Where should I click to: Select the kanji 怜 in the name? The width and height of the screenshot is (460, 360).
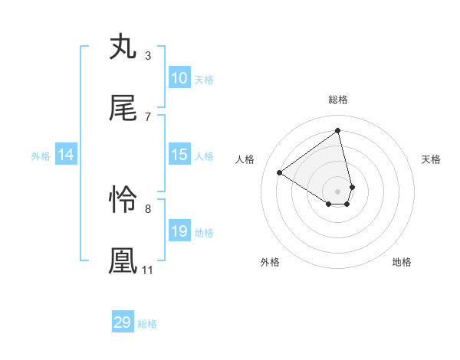click(x=123, y=200)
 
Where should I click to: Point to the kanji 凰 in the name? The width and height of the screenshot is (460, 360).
click(x=123, y=260)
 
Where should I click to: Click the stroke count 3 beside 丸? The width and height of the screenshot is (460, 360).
click(x=148, y=55)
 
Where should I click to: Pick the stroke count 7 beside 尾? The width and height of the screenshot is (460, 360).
click(x=148, y=116)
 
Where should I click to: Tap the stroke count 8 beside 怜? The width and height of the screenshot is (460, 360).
click(x=148, y=208)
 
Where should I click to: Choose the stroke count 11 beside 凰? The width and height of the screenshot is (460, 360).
click(x=148, y=270)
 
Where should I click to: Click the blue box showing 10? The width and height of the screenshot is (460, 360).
click(x=179, y=78)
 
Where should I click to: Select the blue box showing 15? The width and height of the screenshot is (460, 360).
click(x=179, y=155)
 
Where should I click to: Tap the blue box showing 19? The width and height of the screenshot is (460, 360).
click(x=179, y=231)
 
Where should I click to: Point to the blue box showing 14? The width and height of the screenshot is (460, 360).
click(x=66, y=155)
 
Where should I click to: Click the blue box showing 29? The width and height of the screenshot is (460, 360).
click(x=123, y=322)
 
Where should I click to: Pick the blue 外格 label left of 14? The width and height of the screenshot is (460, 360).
click(x=41, y=155)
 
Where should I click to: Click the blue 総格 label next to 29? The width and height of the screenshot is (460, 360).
click(x=147, y=324)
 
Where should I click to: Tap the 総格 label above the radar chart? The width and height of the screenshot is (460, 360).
click(x=338, y=100)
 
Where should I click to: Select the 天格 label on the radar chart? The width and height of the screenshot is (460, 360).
click(x=432, y=159)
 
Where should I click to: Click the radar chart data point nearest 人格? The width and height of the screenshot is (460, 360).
click(x=280, y=172)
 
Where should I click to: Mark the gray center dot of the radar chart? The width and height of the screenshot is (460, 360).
click(x=338, y=191)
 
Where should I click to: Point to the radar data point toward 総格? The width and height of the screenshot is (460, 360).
click(x=338, y=130)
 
